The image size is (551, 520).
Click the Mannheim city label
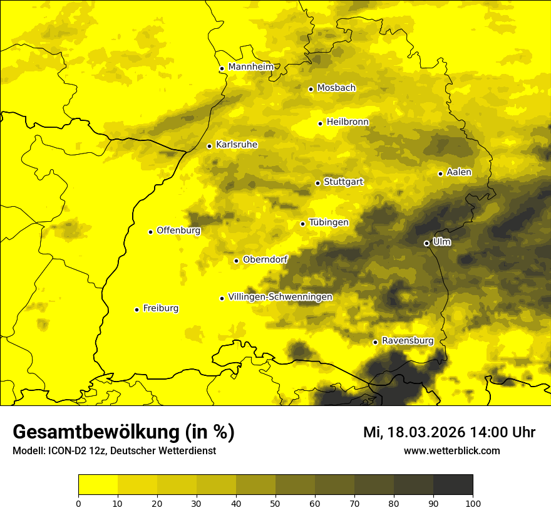pos(251,66)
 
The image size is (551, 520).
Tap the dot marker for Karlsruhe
pos(209,146)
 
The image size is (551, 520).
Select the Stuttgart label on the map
pos(343,182)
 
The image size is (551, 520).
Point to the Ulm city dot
pos(426,243)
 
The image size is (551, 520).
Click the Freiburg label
pos(160,308)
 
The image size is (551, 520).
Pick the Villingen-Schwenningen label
pos(280,297)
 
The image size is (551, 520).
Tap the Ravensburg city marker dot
pos(375,342)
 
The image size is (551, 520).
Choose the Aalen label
pos(459,172)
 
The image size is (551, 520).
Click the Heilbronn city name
pos(348,122)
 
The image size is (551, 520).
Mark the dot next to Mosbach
pos(311,89)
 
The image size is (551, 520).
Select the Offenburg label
pos(178,231)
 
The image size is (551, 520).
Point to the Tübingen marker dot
pos(302,224)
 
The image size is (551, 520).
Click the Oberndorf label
pos(265,259)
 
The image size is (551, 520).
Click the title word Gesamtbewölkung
pos(98,432)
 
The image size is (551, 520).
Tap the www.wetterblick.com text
pos(451,450)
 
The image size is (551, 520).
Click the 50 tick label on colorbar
pos(275,502)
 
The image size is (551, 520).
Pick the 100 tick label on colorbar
pos(473,502)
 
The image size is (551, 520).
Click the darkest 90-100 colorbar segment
pos(453,485)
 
